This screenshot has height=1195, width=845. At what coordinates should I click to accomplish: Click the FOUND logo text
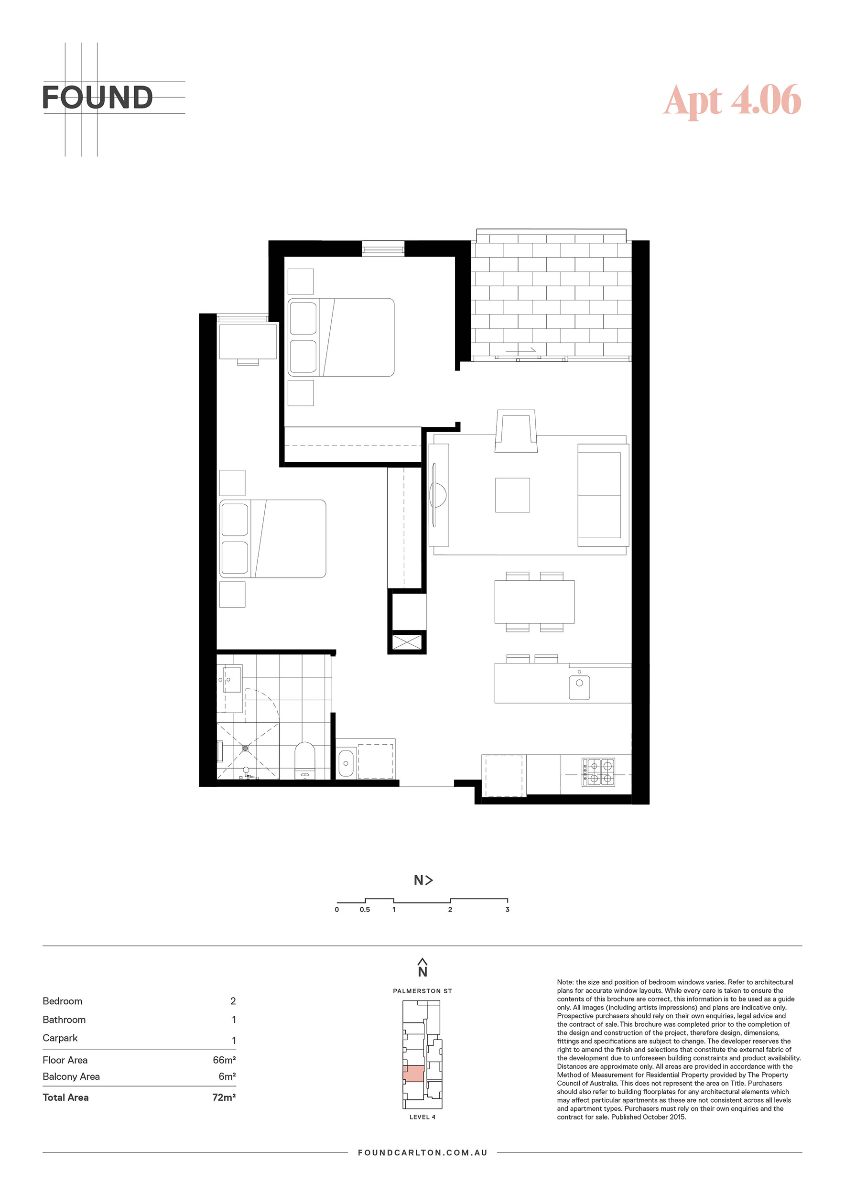point(97,98)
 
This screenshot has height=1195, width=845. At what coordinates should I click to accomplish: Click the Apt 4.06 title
point(732,100)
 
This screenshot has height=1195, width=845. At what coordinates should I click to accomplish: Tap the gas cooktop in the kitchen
point(598,772)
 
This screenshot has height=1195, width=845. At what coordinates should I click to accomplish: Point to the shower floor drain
point(246,748)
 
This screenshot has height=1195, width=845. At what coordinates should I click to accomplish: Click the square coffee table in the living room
point(512,495)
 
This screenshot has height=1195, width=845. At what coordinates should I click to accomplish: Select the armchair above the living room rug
point(516,431)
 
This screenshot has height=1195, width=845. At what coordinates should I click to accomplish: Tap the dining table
point(534,602)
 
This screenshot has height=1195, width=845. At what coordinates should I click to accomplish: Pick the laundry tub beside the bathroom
point(346,763)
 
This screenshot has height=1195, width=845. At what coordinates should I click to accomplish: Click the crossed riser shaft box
point(406,642)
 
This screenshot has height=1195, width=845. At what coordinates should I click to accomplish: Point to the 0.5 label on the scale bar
point(365,909)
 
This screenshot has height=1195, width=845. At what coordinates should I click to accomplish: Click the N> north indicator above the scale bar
point(423,880)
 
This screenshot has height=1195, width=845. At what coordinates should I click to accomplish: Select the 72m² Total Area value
point(224,1097)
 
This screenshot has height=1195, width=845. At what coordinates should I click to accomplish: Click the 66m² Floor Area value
point(224,1060)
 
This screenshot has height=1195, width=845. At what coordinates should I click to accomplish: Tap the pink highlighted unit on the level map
point(413,1073)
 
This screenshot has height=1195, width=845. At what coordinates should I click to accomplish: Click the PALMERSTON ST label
point(422,991)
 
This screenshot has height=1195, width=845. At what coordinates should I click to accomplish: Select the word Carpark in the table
point(60,1038)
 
